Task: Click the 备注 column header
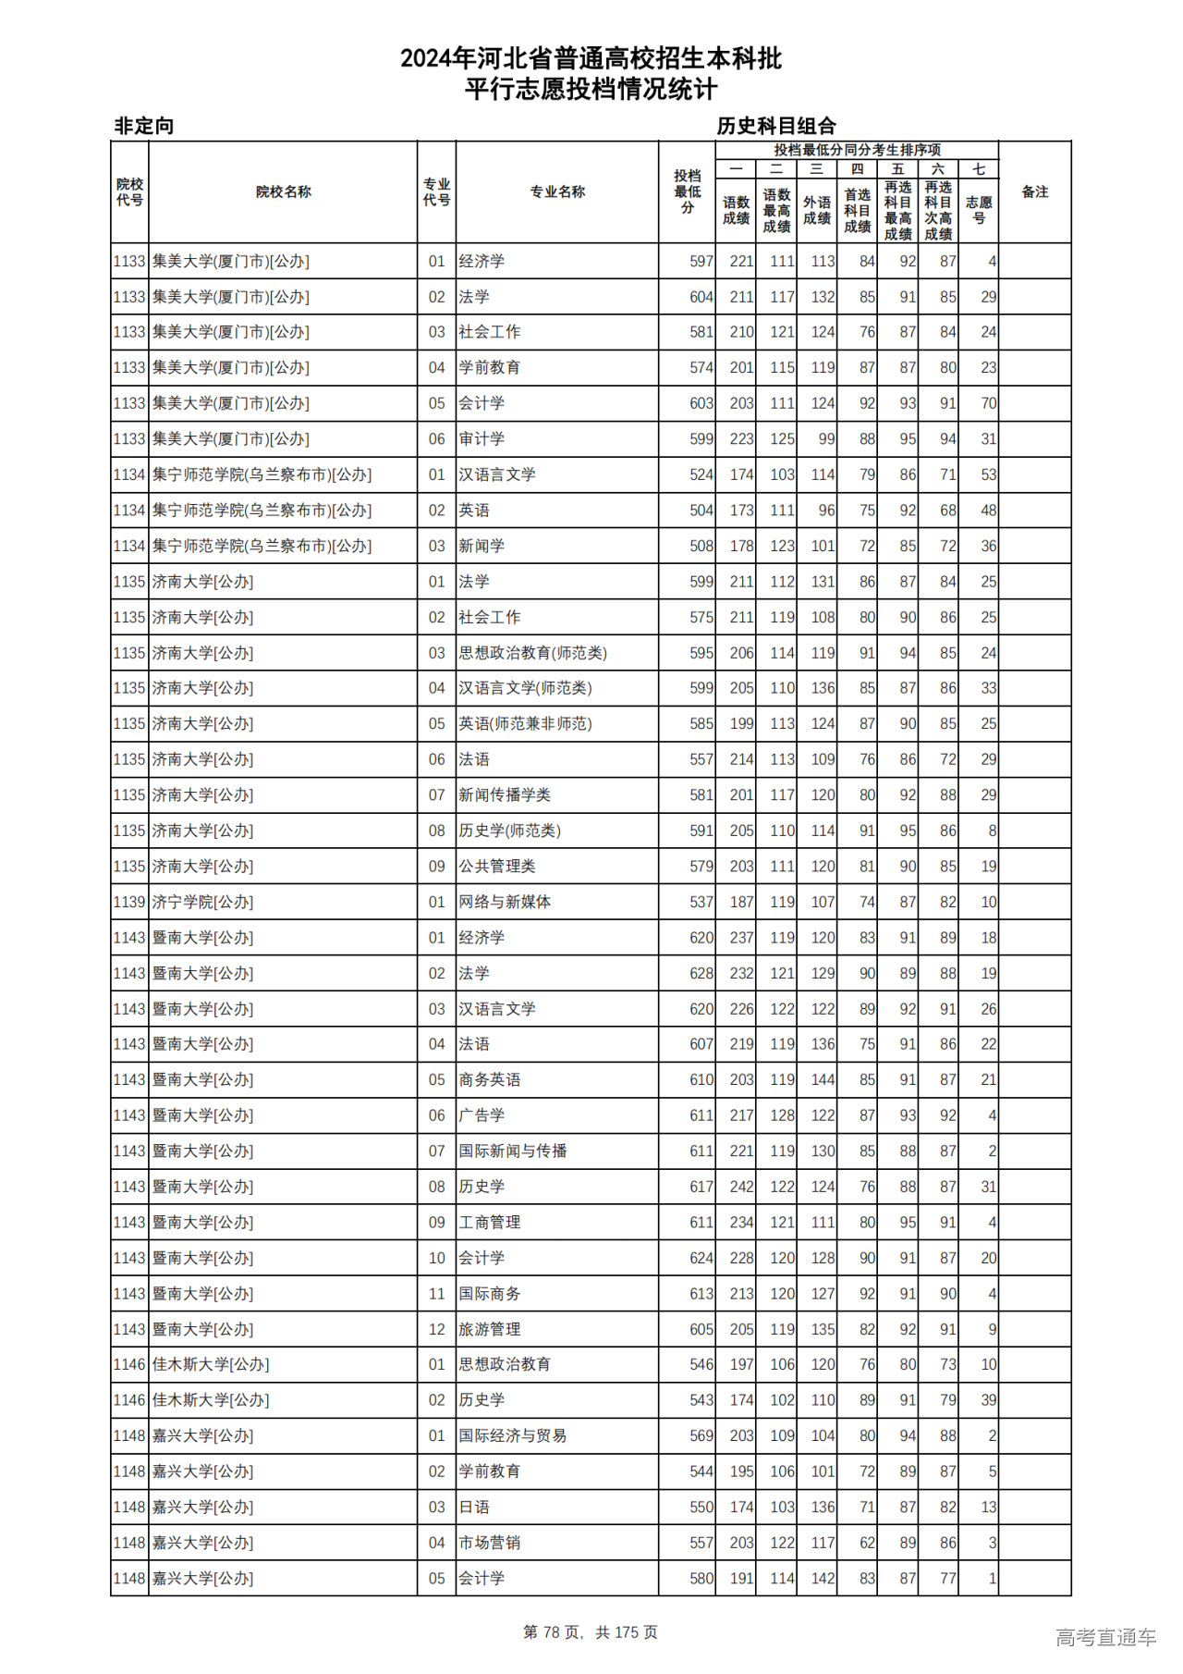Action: tap(1034, 192)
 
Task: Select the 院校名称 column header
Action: tap(283, 192)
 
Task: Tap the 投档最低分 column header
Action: tap(687, 192)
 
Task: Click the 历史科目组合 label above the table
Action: tap(776, 126)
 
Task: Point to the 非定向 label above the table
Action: tap(143, 126)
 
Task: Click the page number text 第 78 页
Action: tap(553, 1632)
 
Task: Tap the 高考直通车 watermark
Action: tap(1105, 1637)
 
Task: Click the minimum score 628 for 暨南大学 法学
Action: tap(701, 973)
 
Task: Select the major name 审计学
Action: tap(482, 439)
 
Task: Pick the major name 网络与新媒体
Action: tap(505, 902)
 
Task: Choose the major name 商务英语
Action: tap(489, 1080)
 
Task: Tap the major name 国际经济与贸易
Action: tap(512, 1436)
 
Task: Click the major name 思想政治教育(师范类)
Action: tap(532, 653)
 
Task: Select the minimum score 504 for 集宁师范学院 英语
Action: tap(701, 511)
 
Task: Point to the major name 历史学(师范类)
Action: tap(509, 831)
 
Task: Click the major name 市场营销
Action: tap(489, 1543)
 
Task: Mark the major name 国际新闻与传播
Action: tap(512, 1151)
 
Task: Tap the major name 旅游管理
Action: tap(489, 1329)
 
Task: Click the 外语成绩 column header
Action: tap(816, 210)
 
